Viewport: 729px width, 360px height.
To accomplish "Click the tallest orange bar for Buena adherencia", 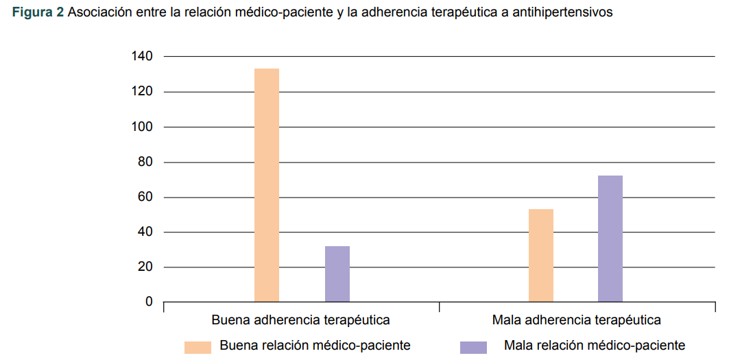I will click(x=267, y=185).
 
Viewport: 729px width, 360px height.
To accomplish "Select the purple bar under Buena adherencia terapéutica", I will click(x=337, y=274).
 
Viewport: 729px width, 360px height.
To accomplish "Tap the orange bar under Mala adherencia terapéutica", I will click(x=541, y=255).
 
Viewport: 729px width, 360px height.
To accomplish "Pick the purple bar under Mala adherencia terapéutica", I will click(x=610, y=239).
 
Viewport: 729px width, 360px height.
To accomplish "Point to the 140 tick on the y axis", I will click(x=143, y=56).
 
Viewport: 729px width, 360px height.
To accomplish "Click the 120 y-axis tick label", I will click(x=143, y=92).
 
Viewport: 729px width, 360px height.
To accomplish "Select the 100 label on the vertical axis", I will click(x=143, y=127).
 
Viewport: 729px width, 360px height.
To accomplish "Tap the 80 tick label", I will click(x=145, y=163).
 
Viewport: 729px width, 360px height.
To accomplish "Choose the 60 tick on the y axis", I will click(x=145, y=197).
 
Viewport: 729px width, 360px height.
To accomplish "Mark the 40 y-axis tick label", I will click(x=145, y=232).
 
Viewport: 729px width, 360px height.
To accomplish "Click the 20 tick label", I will click(x=145, y=267).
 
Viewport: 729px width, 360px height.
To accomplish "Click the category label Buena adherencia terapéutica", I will click(x=301, y=320).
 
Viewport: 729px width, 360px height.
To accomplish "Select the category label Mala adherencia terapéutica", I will click(x=576, y=320).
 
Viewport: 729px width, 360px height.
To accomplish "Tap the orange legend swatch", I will click(x=198, y=347).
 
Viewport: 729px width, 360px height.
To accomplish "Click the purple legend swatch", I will click(x=473, y=347).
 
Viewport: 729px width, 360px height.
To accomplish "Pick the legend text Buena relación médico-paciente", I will click(x=315, y=346).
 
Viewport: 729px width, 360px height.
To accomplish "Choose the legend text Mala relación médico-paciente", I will click(x=594, y=346).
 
